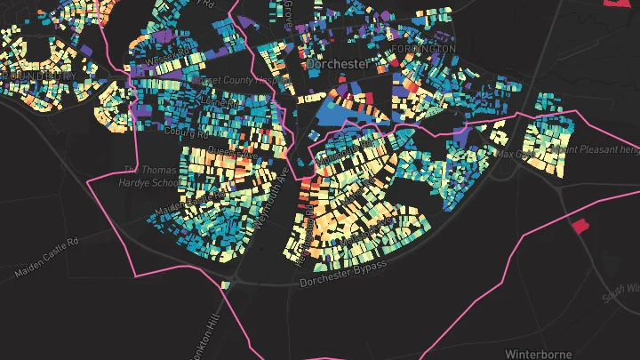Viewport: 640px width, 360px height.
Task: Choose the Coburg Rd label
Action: click(186, 132)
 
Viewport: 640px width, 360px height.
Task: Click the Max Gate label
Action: click(514, 154)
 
